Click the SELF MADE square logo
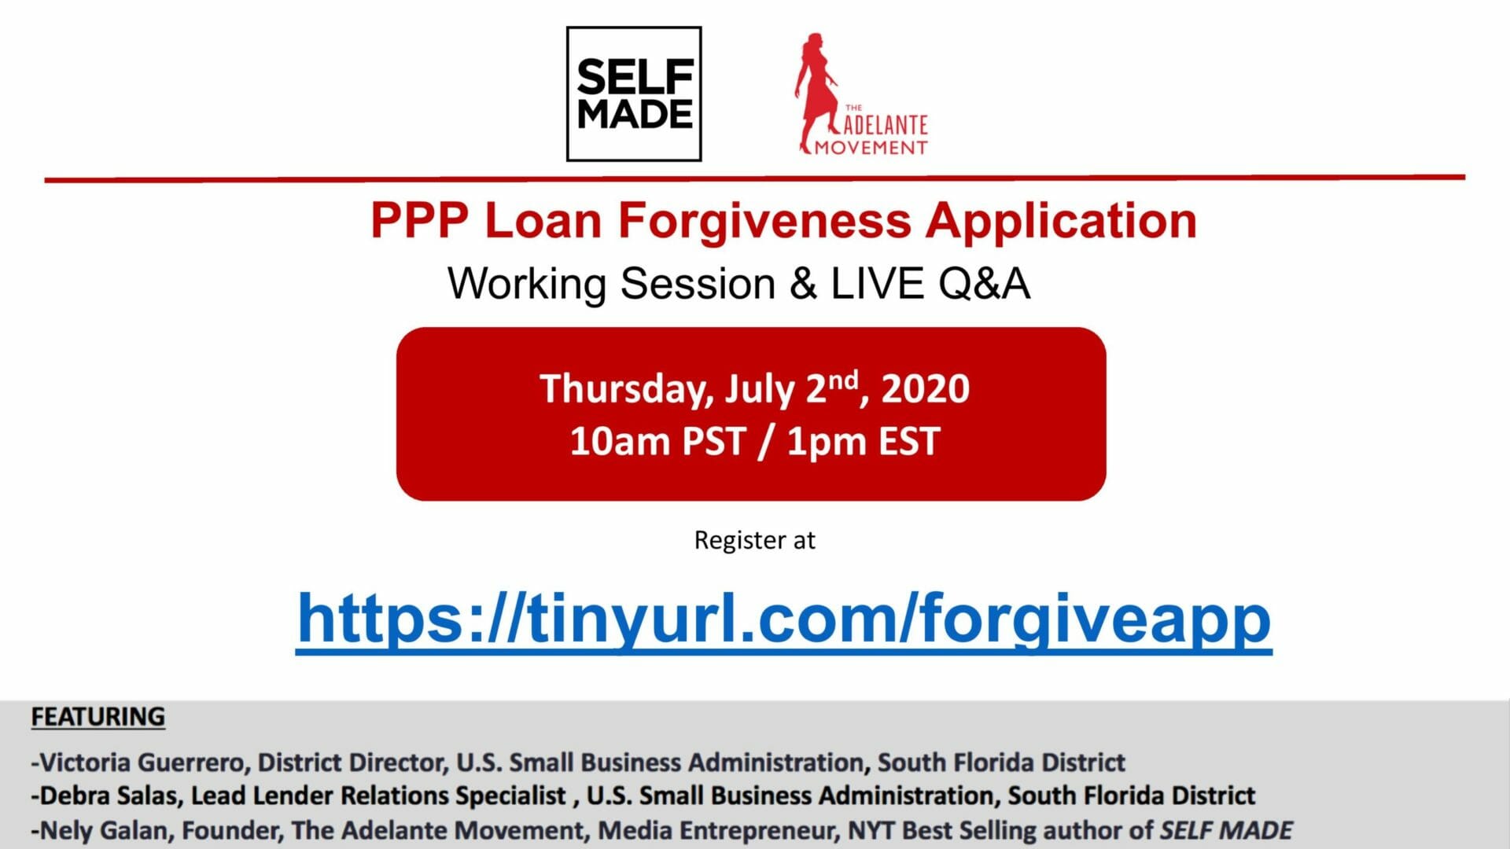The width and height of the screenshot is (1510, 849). pyautogui.click(x=634, y=94)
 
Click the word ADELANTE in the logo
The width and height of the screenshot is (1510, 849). pyautogui.click(x=886, y=125)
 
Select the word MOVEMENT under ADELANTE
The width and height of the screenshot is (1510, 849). pyautogui.click(x=871, y=147)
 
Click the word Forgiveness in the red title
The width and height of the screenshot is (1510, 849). pyautogui.click(x=764, y=221)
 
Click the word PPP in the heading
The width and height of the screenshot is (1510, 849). pyautogui.click(x=419, y=220)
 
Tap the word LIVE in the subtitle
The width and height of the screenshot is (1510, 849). pyautogui.click(x=877, y=283)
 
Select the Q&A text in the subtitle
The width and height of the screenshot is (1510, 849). pyautogui.click(x=984, y=284)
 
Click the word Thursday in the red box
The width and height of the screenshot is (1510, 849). pyautogui.click(x=628, y=389)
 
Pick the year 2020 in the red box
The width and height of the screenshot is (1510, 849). pyautogui.click(x=925, y=388)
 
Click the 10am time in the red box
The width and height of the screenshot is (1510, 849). pyautogui.click(x=619, y=441)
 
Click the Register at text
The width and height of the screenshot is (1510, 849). pyautogui.click(x=754, y=540)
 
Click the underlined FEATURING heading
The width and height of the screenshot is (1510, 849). pyautogui.click(x=98, y=717)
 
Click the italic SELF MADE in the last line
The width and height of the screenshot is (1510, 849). pyautogui.click(x=1227, y=830)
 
